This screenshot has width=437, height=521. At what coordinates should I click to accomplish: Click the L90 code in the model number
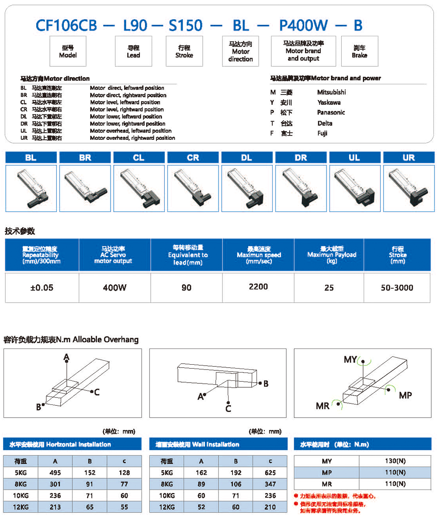pyautogui.click(x=135, y=25)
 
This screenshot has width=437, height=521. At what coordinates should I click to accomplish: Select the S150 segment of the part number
pyautogui.click(x=185, y=25)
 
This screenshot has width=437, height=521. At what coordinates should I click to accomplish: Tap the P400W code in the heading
pyautogui.click(x=304, y=25)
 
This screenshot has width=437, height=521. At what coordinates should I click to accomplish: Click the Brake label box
pyautogui.click(x=359, y=52)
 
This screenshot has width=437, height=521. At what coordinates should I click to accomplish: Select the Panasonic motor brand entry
pyautogui.click(x=331, y=112)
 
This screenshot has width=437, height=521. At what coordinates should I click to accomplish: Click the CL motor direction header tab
pyautogui.click(x=139, y=158)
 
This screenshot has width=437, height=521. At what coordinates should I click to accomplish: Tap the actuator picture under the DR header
pyautogui.click(x=301, y=187)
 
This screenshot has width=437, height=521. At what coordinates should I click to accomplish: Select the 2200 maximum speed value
pyautogui.click(x=258, y=286)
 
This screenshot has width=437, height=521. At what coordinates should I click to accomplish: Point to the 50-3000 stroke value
pyautogui.click(x=397, y=287)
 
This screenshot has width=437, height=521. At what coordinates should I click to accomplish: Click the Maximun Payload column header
pyautogui.click(x=329, y=255)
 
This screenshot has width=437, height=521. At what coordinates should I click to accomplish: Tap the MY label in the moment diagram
pyautogui.click(x=350, y=359)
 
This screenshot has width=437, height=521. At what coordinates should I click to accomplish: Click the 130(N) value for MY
pyautogui.click(x=395, y=461)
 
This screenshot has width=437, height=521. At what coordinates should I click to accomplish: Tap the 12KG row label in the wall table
pyautogui.click(x=166, y=507)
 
